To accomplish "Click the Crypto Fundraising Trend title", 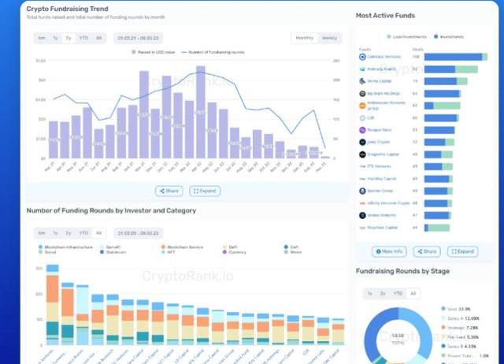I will click(x=68, y=9).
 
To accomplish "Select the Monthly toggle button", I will click(x=303, y=38).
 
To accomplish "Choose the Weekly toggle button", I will click(x=329, y=38).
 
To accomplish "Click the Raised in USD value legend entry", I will click(x=155, y=52).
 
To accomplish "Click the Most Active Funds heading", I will click(x=385, y=15).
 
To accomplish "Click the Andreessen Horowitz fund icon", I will click(x=362, y=105).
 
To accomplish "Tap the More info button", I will click(x=389, y=251).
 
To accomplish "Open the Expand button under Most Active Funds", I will click(x=462, y=251).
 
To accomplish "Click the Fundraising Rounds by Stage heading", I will click(x=402, y=271).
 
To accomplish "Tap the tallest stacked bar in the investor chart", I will click(x=53, y=307).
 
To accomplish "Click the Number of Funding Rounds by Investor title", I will click(x=111, y=210).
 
